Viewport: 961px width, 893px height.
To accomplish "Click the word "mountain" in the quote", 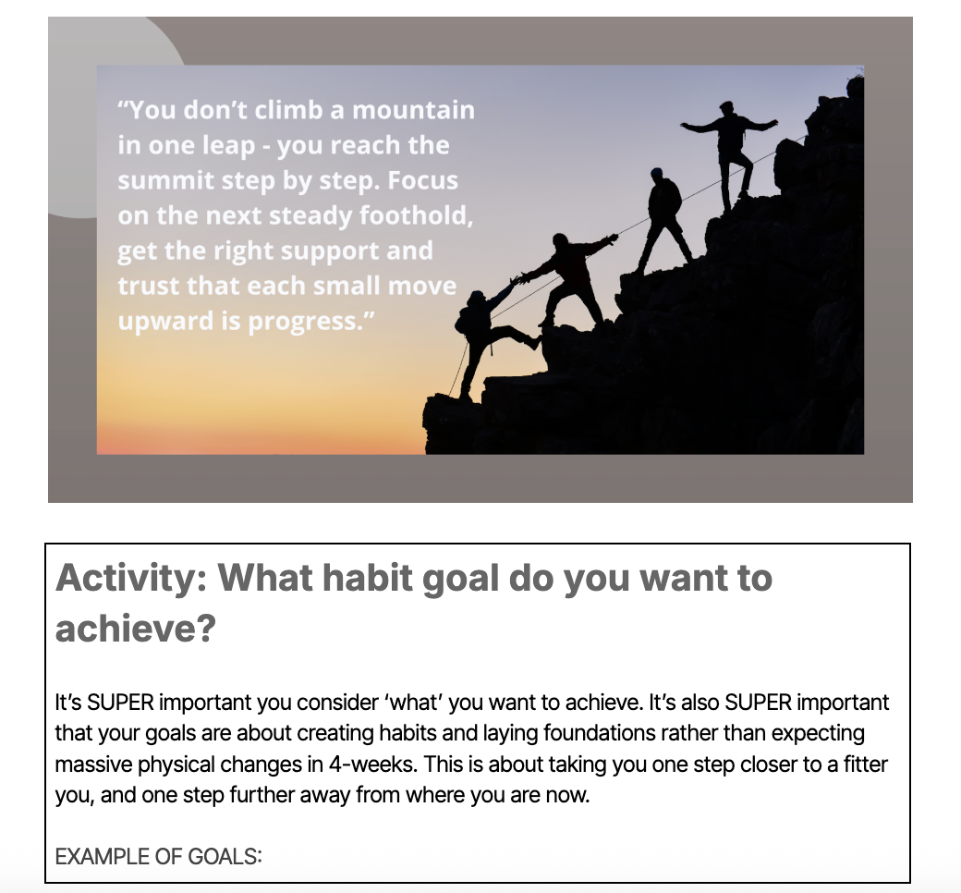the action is coord(414,110).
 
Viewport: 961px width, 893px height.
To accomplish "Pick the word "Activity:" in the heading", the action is coord(132,578).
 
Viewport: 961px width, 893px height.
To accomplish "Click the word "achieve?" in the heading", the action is coord(136,628).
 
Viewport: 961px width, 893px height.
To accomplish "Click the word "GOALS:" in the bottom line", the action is coord(225,856).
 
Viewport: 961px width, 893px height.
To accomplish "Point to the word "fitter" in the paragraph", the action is coord(866,765).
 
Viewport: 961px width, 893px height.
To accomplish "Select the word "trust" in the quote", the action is coord(149,286).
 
